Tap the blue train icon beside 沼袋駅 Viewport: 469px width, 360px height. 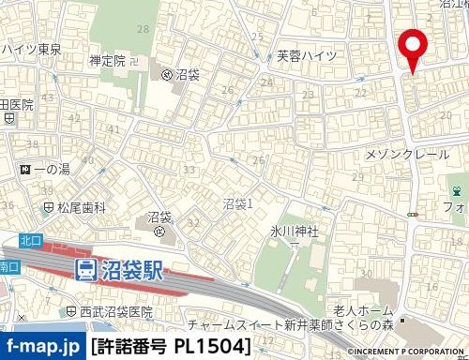(x=85, y=271)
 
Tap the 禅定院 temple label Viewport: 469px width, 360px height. (x=107, y=61)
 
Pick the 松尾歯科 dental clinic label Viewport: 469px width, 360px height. (x=76, y=206)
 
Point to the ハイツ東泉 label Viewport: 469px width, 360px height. (x=30, y=48)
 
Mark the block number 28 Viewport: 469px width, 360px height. (x=143, y=30)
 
